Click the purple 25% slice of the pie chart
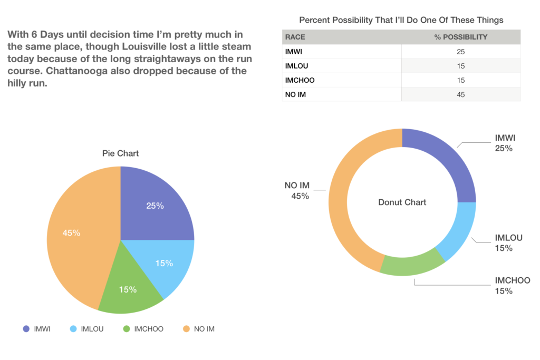click(x=156, y=206)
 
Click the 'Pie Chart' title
click(x=120, y=153)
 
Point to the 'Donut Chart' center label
click(x=402, y=202)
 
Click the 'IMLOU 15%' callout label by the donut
click(x=508, y=243)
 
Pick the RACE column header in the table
click(x=295, y=37)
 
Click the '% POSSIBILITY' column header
click(x=460, y=37)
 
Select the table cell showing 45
click(x=461, y=95)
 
